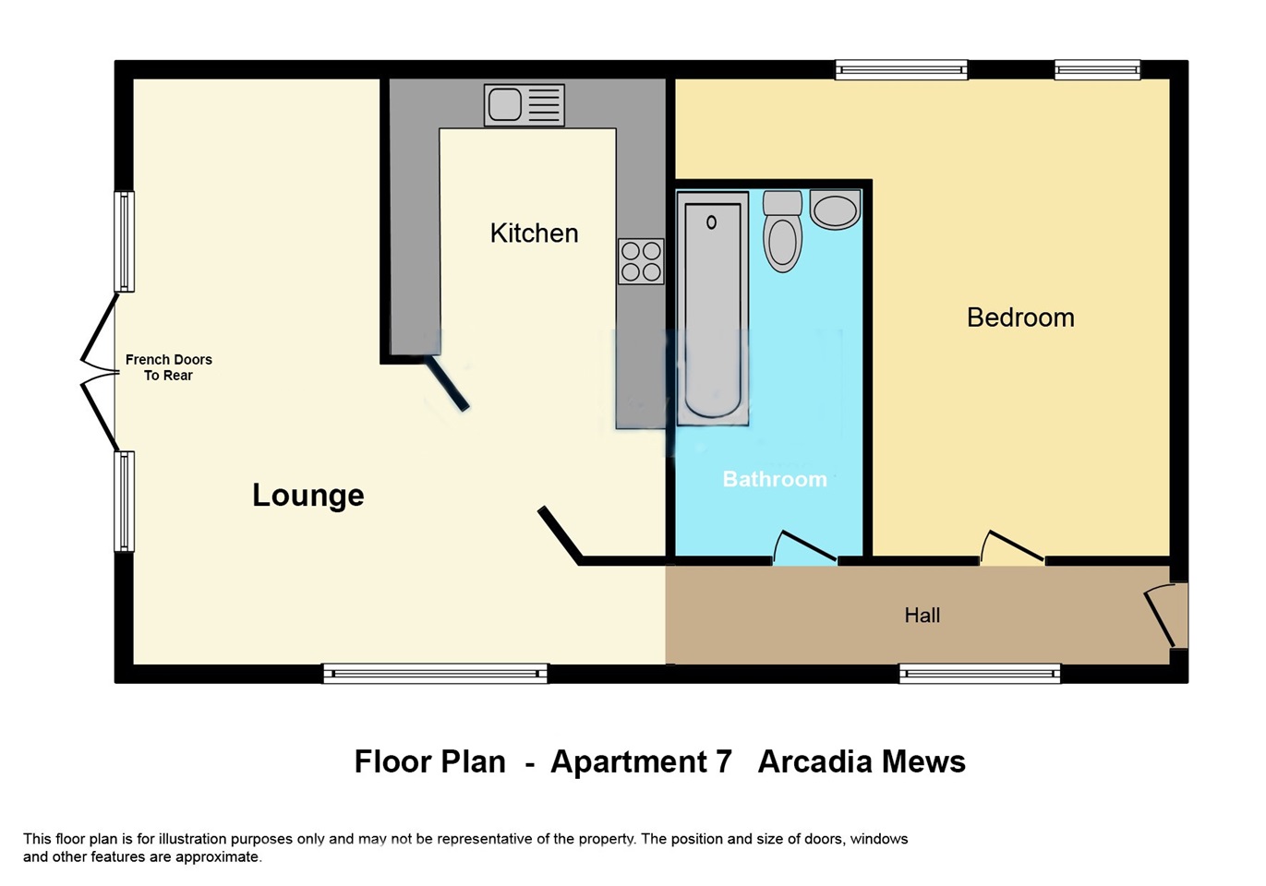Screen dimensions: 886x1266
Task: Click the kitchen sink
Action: tap(524, 105)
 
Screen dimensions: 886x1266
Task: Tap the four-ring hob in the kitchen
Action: tap(641, 261)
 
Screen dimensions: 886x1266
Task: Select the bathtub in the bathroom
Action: tap(712, 309)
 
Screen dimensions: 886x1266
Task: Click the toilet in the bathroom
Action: tap(782, 233)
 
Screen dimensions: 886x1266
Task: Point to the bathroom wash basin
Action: tap(836, 210)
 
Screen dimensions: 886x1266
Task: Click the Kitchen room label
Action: tap(534, 233)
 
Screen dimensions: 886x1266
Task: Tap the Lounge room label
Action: tap(307, 496)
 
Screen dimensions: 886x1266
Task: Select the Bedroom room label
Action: tap(1019, 317)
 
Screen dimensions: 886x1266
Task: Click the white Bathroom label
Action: tap(774, 479)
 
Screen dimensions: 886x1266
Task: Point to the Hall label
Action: tap(922, 616)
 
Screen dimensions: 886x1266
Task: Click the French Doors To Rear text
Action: tap(168, 367)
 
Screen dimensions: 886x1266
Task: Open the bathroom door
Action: tap(804, 548)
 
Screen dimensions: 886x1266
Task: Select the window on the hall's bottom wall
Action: tap(980, 674)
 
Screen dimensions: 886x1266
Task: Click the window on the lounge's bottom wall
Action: tap(435, 674)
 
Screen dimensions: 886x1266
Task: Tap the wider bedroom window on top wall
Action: tap(901, 70)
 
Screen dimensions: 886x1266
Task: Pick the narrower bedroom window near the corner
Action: tap(1097, 70)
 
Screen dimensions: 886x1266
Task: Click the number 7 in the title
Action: tap(723, 762)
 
